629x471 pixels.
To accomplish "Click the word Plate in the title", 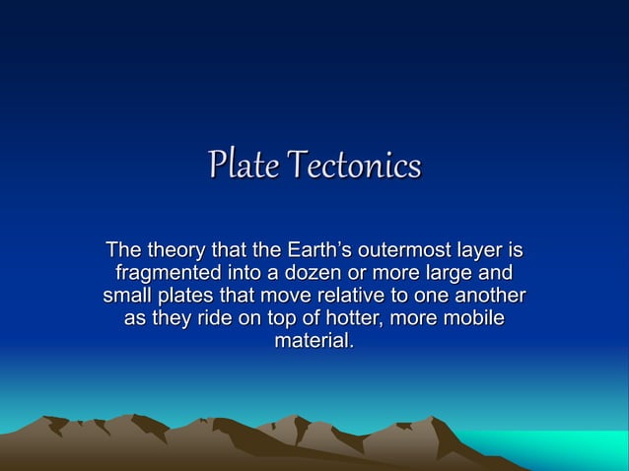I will (241, 165).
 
